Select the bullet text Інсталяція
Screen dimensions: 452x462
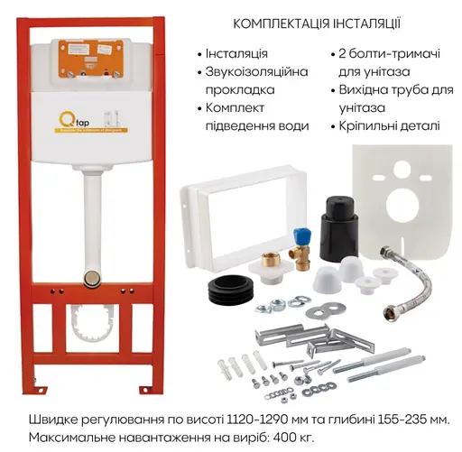[x=237, y=54]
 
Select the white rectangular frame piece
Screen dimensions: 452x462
[x=221, y=212]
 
